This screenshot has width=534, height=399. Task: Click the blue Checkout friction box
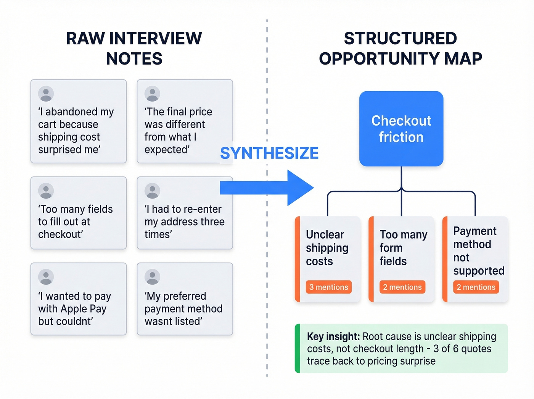click(x=401, y=129)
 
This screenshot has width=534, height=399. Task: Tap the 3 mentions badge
click(x=328, y=287)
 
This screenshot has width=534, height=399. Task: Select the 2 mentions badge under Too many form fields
click(x=402, y=287)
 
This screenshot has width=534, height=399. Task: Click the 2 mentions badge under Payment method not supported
click(x=476, y=287)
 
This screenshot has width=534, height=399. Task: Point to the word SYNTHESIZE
click(x=269, y=153)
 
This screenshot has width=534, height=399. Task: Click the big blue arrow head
click(x=300, y=188)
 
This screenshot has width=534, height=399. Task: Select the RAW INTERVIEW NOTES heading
click(x=134, y=48)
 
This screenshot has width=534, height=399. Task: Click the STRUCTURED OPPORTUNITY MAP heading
click(x=400, y=48)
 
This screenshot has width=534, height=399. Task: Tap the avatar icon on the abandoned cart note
click(x=46, y=94)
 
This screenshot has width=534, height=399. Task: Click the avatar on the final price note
click(x=152, y=94)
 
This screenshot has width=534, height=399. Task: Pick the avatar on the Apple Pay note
click(x=46, y=277)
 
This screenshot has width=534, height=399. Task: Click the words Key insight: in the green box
click(x=333, y=336)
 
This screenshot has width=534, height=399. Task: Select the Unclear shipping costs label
click(x=327, y=248)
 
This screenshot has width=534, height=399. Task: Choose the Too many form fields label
click(x=403, y=248)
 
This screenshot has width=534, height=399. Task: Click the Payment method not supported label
click(x=478, y=251)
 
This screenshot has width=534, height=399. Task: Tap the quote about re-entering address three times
click(x=184, y=221)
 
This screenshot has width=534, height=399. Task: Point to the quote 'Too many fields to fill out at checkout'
click(x=75, y=221)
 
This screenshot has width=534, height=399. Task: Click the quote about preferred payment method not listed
click(x=183, y=309)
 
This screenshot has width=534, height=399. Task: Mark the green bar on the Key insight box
click(x=298, y=348)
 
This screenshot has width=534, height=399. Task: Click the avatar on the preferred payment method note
click(x=152, y=277)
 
